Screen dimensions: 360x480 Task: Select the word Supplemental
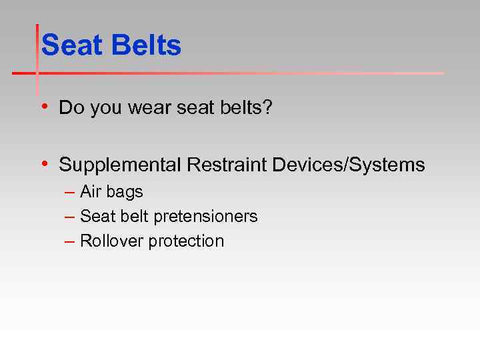120,165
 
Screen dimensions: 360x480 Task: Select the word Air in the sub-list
90,192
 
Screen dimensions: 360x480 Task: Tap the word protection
186,241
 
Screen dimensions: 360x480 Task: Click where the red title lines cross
37,73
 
